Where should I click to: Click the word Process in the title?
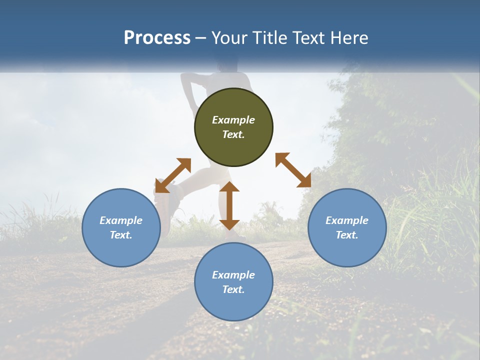(157, 38)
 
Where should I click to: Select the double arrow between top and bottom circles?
(229, 205)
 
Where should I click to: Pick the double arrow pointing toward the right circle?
(293, 170)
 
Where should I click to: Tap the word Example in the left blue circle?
(121, 220)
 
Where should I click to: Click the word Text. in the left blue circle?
(121, 235)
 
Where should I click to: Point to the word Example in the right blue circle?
(347, 220)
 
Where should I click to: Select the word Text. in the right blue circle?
(347, 235)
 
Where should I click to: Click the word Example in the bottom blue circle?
(233, 275)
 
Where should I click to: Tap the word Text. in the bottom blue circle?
(233, 289)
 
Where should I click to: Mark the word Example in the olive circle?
(233, 120)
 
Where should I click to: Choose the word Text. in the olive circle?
(233, 134)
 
